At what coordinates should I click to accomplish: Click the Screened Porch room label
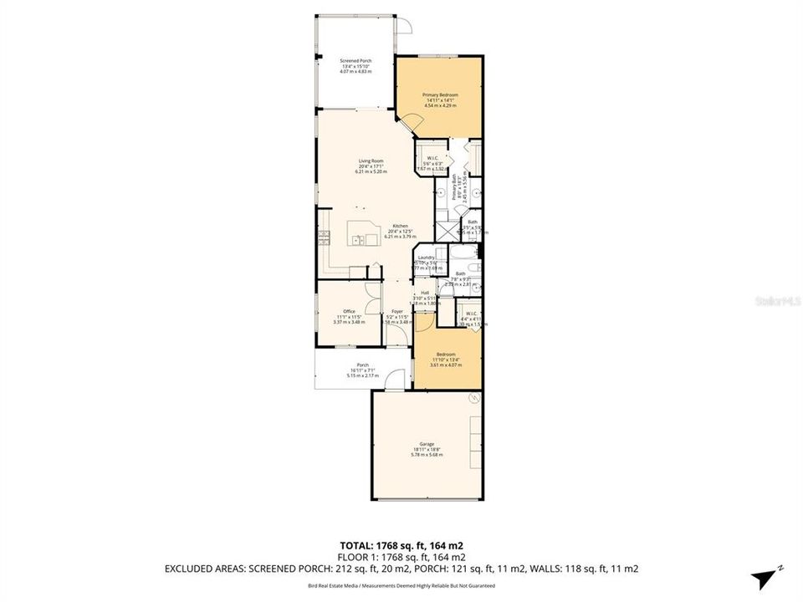355,66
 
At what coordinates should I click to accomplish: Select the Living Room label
371,166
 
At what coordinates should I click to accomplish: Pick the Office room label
338,316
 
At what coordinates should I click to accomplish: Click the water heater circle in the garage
473,398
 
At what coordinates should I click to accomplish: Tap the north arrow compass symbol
763,577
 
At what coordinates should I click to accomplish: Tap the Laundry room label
426,260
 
